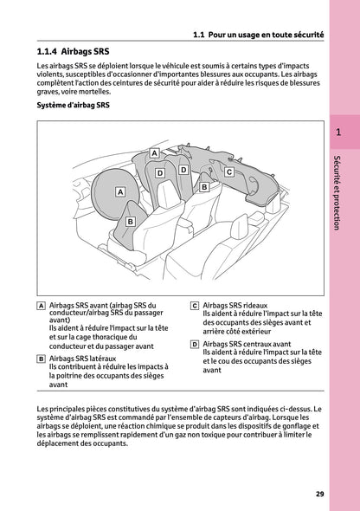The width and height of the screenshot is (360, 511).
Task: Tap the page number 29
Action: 320,495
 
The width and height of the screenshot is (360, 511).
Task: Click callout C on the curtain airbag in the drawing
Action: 229,172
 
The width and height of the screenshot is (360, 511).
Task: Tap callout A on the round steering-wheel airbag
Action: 120,191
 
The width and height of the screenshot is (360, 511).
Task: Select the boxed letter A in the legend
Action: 42,306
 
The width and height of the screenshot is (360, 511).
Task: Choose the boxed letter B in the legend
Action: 42,358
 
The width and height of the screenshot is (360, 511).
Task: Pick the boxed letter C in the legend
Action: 195,306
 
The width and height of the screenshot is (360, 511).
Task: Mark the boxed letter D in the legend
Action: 195,344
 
